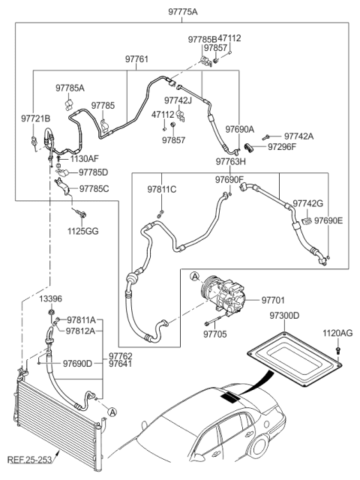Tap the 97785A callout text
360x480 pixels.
click(70, 88)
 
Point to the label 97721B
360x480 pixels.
click(35, 119)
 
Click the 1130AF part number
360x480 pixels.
click(85, 159)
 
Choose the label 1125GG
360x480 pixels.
click(82, 230)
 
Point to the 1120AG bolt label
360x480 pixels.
click(337, 332)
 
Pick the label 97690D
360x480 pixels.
click(78, 364)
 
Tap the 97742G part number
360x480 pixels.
click(307, 203)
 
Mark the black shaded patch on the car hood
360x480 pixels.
click(231, 397)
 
